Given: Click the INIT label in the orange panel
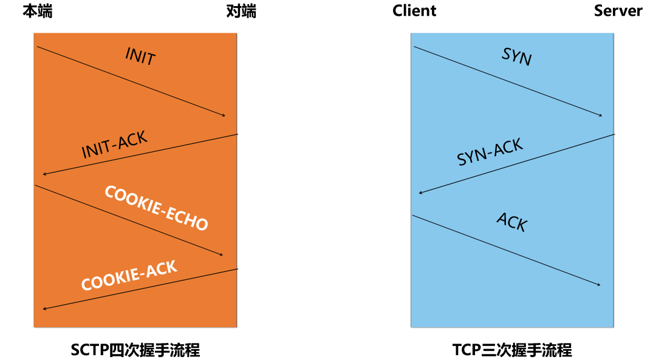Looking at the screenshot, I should [x=140, y=57].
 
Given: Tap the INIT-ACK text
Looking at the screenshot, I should [x=114, y=144].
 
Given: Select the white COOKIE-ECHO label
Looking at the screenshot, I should [x=156, y=208].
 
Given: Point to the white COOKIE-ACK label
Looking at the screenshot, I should [x=129, y=276].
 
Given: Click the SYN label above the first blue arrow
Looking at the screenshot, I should [x=516, y=57].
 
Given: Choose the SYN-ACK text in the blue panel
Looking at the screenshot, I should [x=490, y=152].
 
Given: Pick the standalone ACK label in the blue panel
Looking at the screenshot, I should [x=511, y=222].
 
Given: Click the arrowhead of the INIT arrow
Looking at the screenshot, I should [x=224, y=115].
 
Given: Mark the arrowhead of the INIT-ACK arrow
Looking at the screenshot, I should [x=44, y=174].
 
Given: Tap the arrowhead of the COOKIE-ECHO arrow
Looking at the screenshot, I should [x=222, y=255].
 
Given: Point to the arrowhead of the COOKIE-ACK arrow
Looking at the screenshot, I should [x=44, y=309].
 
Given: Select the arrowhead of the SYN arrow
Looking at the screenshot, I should [x=601, y=115].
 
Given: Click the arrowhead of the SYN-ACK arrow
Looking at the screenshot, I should [x=420, y=193].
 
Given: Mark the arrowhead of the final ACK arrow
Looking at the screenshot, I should [x=600, y=285].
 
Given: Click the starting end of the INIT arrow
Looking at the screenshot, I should [x=37, y=47].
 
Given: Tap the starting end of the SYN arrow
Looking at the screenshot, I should [x=414, y=47].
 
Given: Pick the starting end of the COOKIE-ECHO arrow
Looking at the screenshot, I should [x=35, y=185].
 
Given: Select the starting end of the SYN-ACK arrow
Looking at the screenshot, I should [x=613, y=135].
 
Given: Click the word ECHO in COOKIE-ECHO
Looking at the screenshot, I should [x=185, y=220].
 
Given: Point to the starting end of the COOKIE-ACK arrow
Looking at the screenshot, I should [x=236, y=270].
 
